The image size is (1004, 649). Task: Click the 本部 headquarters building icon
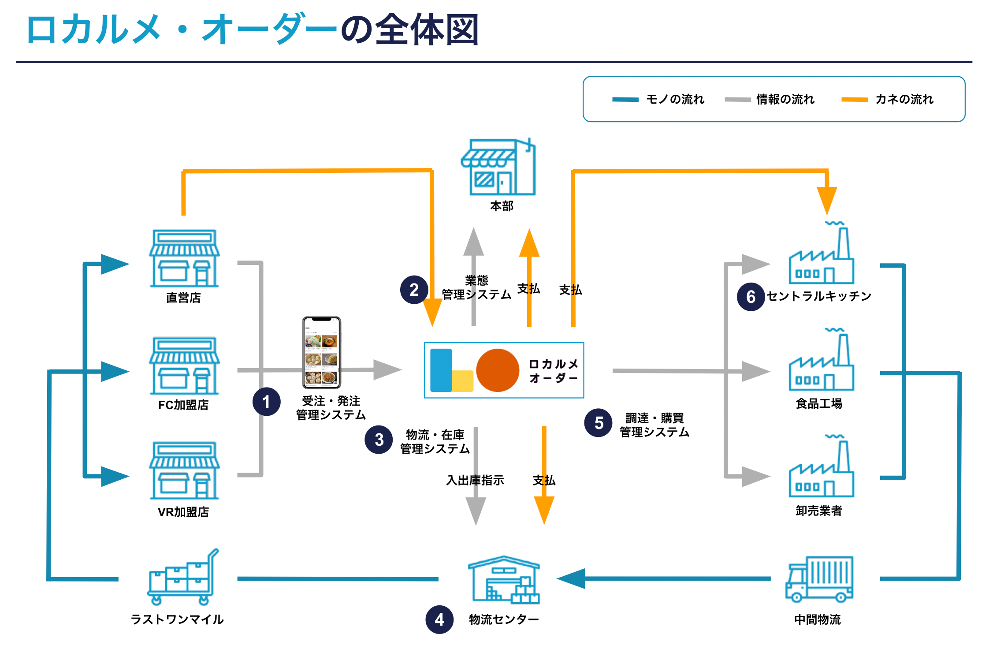(x=498, y=167)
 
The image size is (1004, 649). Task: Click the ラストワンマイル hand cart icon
(x=183, y=577)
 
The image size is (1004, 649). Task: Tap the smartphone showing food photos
(x=321, y=352)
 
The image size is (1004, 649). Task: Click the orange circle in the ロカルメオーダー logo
(x=498, y=370)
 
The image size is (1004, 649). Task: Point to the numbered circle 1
(x=266, y=402)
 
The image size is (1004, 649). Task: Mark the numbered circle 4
(x=439, y=619)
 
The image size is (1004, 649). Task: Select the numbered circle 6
(x=751, y=297)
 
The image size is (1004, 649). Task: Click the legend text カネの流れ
(x=904, y=99)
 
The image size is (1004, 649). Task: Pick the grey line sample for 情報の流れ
(x=737, y=100)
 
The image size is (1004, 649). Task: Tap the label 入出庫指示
(x=475, y=480)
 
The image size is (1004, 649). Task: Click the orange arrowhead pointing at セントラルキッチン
(x=827, y=200)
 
